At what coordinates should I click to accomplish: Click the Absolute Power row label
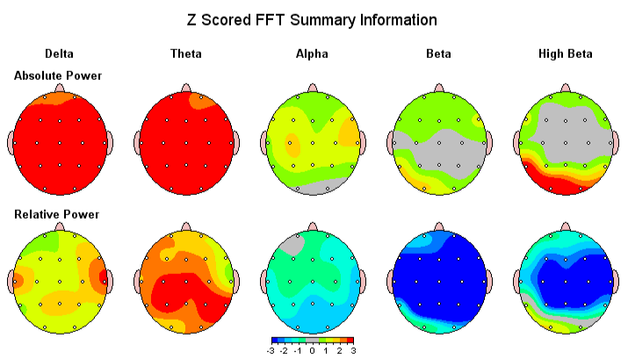(58, 76)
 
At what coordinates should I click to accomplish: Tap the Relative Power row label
(56, 214)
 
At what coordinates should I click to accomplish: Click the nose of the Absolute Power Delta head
(60, 88)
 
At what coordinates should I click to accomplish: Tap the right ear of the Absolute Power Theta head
(239, 141)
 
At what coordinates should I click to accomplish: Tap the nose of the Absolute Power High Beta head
(565, 88)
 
